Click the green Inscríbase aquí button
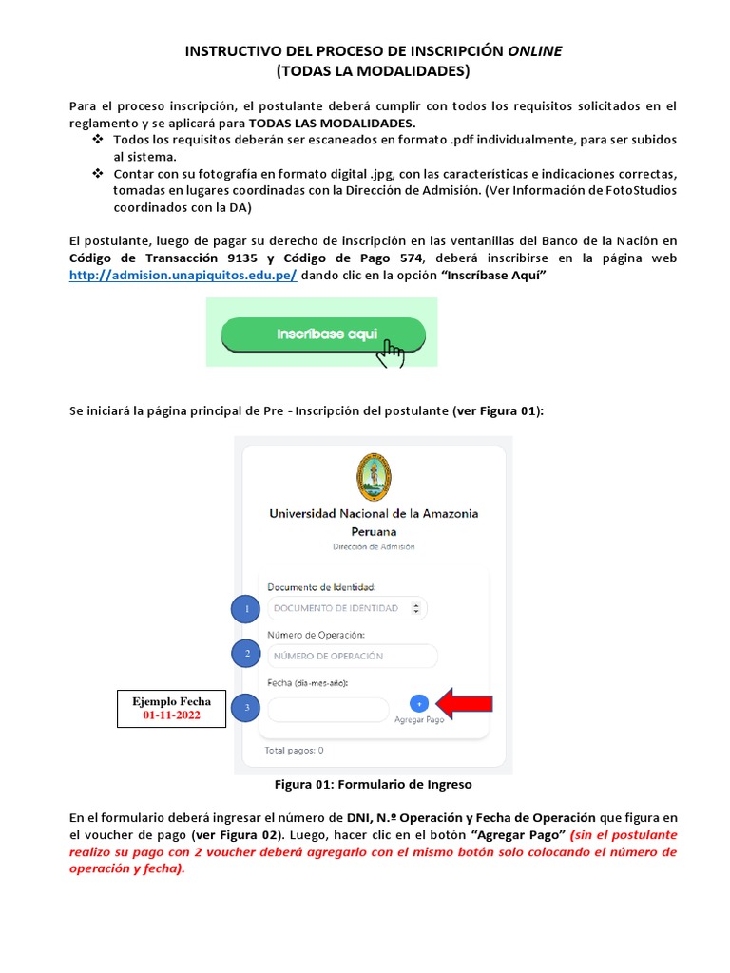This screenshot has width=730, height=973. pyautogui.click(x=323, y=334)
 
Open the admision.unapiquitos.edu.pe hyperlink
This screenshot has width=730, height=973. pyautogui.click(x=182, y=275)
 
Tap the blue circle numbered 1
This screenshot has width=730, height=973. pyautogui.click(x=246, y=608)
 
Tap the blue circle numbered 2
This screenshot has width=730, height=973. pyautogui.click(x=246, y=654)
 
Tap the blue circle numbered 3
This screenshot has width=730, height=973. pyautogui.click(x=246, y=708)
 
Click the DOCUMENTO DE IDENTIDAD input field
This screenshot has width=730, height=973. pyautogui.click(x=347, y=608)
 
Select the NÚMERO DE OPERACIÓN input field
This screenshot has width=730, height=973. pyautogui.click(x=352, y=656)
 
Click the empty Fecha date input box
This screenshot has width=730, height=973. pyautogui.click(x=328, y=709)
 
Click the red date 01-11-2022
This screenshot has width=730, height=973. pyautogui.click(x=171, y=715)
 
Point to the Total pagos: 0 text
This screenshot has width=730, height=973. pyautogui.click(x=296, y=750)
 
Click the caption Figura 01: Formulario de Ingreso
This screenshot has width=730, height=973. pyautogui.click(x=373, y=785)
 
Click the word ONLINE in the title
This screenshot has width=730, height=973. pyautogui.click(x=533, y=51)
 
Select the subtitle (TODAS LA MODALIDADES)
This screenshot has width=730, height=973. pyautogui.click(x=373, y=71)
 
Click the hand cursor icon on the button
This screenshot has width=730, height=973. pyautogui.click(x=390, y=353)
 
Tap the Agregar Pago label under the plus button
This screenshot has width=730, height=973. pyautogui.click(x=419, y=720)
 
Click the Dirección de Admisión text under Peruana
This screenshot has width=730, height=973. pyautogui.click(x=374, y=547)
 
